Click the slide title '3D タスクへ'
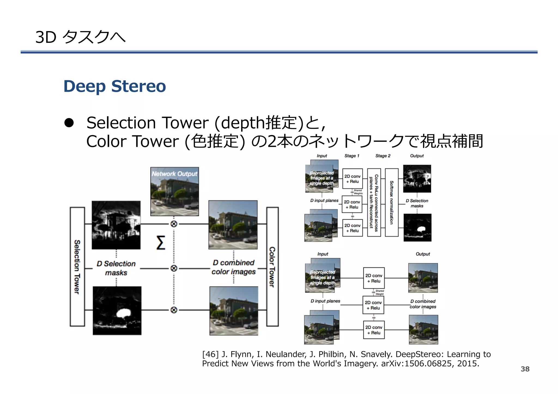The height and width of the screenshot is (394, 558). (x=80, y=37)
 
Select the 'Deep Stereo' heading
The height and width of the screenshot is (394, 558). (x=114, y=86)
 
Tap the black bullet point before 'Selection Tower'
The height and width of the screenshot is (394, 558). (x=69, y=123)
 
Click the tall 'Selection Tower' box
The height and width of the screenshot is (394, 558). (x=77, y=267)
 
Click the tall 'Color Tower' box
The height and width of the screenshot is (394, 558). (x=272, y=267)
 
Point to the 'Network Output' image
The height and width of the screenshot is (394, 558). (x=175, y=191)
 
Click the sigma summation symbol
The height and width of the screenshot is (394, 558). (x=161, y=243)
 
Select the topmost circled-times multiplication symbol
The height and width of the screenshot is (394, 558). (x=174, y=224)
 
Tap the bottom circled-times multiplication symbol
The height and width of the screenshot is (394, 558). (x=174, y=310)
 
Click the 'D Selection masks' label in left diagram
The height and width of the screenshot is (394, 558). (x=116, y=268)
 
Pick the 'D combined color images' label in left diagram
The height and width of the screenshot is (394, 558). (x=233, y=267)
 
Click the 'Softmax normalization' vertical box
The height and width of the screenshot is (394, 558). (x=392, y=202)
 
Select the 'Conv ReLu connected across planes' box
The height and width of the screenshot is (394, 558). (x=374, y=202)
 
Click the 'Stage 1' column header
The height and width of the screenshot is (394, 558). (x=352, y=156)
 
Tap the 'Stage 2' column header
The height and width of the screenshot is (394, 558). (x=383, y=156)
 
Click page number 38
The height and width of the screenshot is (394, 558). (x=525, y=369)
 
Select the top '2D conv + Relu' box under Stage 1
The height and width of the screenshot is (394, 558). (x=352, y=179)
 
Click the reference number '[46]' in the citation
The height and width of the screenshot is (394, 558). (x=210, y=354)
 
